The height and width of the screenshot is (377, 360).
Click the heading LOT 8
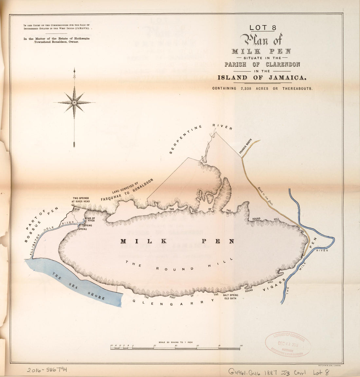262,28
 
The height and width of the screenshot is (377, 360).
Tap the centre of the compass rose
74,102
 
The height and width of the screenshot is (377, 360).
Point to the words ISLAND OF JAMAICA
262,77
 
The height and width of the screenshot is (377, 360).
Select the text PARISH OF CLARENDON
262,64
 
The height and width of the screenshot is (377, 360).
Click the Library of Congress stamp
288,344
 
